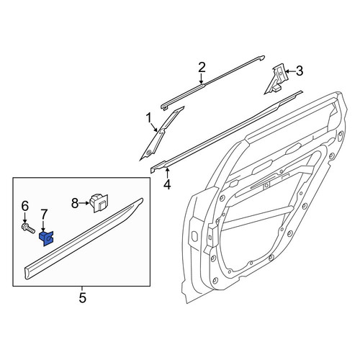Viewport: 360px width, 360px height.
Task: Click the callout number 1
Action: (x=149, y=119)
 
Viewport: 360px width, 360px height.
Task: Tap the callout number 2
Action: (x=202, y=68)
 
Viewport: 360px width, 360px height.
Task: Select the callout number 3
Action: (x=299, y=71)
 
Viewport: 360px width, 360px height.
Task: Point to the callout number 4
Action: (x=167, y=184)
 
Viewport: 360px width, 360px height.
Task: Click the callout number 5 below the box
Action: (x=82, y=298)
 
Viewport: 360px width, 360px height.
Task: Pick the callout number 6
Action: (x=25, y=207)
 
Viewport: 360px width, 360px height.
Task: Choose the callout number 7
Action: (x=44, y=215)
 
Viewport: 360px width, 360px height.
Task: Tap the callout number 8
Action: (x=75, y=204)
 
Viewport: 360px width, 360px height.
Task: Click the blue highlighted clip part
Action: (x=46, y=238)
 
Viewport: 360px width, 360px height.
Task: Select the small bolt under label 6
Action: (x=28, y=228)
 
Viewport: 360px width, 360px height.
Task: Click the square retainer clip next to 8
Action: (x=99, y=203)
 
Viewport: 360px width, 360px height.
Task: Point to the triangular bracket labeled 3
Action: (x=276, y=79)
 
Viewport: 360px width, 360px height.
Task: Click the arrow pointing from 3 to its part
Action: (x=290, y=71)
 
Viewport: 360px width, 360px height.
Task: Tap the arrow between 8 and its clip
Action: (x=84, y=203)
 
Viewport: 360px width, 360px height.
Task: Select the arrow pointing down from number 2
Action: (x=201, y=78)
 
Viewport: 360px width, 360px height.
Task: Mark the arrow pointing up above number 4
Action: (x=168, y=174)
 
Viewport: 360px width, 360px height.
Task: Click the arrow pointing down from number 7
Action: (x=43, y=226)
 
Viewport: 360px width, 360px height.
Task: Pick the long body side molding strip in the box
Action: (x=84, y=239)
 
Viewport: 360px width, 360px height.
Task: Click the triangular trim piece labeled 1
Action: (x=161, y=134)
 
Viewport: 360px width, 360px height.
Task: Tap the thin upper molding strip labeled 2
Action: (x=212, y=82)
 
